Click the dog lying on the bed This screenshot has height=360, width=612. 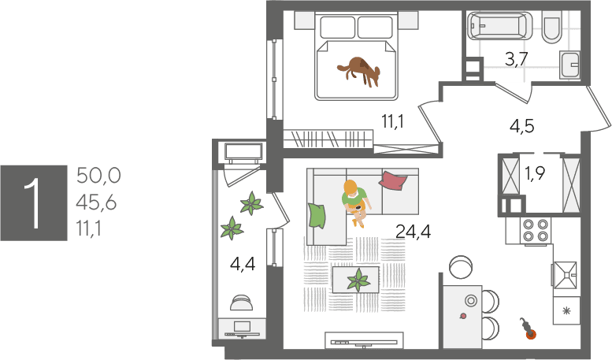pyautogui.click(x=360, y=71)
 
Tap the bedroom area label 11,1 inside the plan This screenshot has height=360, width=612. pyautogui.click(x=393, y=121)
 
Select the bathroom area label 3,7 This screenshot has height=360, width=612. pyautogui.click(x=517, y=59)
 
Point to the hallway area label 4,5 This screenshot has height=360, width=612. pyautogui.click(x=522, y=127)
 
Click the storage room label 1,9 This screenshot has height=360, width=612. pyautogui.click(x=535, y=173)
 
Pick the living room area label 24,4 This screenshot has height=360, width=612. pyautogui.click(x=414, y=232)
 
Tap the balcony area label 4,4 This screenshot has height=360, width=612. pyautogui.click(x=243, y=265)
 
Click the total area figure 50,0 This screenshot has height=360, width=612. pyautogui.click(x=98, y=176)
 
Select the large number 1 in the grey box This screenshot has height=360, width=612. pyautogui.click(x=33, y=203)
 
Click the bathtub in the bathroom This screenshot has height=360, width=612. pyautogui.click(x=499, y=26)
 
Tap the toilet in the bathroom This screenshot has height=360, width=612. pyautogui.click(x=552, y=27)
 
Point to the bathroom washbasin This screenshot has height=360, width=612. pyautogui.click(x=569, y=65)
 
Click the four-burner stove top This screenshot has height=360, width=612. pyautogui.click(x=536, y=230)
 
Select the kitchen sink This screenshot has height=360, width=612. pyautogui.click(x=565, y=275)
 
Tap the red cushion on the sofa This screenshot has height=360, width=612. pyautogui.click(x=393, y=180)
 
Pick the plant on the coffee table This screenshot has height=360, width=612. pyautogui.click(x=358, y=280)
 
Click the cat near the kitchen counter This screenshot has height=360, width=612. pyautogui.click(x=526, y=328)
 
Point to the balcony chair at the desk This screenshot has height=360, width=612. pyautogui.click(x=241, y=302)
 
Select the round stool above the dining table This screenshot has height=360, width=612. pyautogui.click(x=461, y=267)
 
